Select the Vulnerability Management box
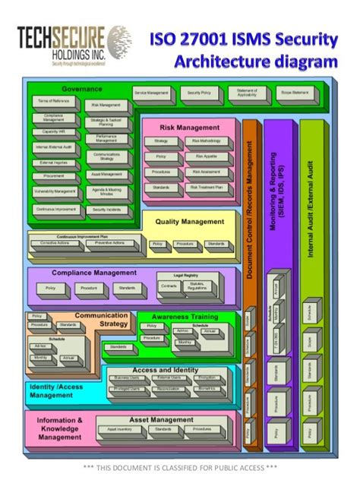[x=54, y=191]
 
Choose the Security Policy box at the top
[x=201, y=92]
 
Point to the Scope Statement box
[x=295, y=92]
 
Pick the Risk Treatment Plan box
[x=206, y=185]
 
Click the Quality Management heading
[x=190, y=222]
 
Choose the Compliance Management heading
[x=88, y=273]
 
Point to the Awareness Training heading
[x=185, y=316]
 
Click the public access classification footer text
[x=180, y=466]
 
